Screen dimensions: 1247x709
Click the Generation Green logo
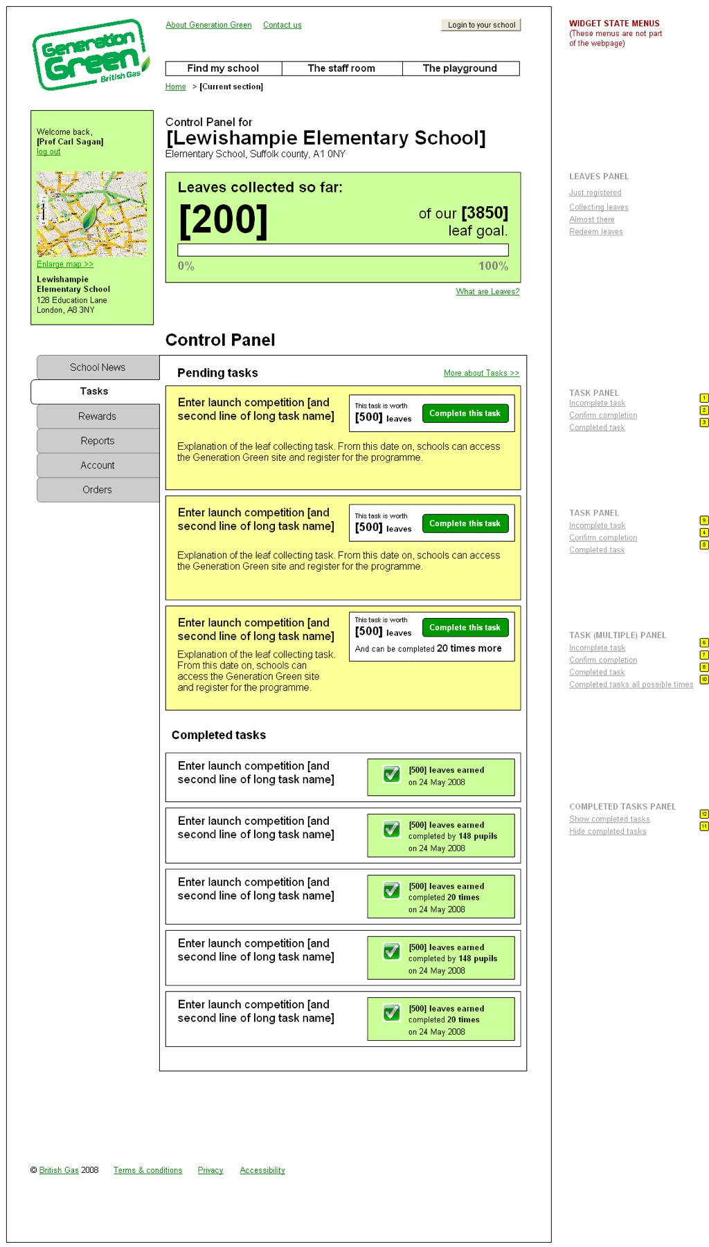tap(90, 55)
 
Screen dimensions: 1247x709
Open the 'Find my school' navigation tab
tap(223, 69)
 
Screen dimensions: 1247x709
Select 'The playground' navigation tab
tap(460, 69)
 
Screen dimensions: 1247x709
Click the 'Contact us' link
tap(282, 25)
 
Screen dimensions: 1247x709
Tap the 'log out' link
tap(48, 152)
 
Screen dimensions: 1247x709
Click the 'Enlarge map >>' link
tap(65, 264)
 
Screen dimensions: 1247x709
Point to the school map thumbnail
tap(91, 214)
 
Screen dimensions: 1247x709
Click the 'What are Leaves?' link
tap(487, 291)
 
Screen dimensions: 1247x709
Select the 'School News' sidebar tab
tap(98, 367)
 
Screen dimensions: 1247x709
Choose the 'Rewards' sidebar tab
tap(98, 417)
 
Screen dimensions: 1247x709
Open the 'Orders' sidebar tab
tap(98, 490)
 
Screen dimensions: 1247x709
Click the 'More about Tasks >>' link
tap(481, 373)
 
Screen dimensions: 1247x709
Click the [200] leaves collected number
tap(223, 220)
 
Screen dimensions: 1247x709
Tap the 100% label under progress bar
tap(493, 266)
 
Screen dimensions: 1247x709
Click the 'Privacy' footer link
tap(210, 1170)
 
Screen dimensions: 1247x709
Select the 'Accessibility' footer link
tap(262, 1170)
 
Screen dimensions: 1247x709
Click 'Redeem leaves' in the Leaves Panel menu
tap(596, 232)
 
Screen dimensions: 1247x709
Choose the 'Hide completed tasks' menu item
tap(608, 832)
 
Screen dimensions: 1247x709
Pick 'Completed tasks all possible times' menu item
tap(631, 685)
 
